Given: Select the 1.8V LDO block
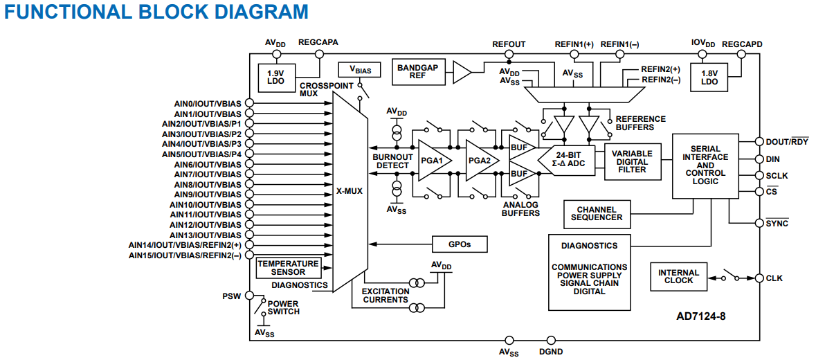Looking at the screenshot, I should point(709,77).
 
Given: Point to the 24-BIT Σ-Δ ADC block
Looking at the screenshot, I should point(568,160).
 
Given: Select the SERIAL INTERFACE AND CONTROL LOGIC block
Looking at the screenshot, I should point(705,165).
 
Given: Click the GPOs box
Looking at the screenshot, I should point(460,244).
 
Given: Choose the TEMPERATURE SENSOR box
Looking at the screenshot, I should point(288,268).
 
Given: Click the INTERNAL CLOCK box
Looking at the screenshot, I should point(678,276).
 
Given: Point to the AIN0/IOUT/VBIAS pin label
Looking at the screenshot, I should point(207,103).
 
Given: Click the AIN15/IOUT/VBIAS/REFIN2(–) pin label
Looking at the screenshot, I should point(185,255).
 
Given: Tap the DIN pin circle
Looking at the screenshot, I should point(759,159).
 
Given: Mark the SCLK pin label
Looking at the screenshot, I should point(777,176).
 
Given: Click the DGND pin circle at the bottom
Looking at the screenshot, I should point(552,340).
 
